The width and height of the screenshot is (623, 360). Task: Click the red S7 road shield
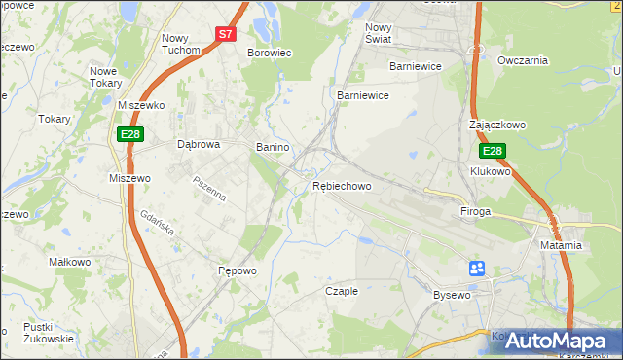tap(226, 33)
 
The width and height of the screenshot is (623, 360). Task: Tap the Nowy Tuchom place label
tap(180, 44)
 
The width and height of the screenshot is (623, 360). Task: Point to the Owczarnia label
tap(523, 60)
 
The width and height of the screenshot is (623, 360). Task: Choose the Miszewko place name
tap(141, 104)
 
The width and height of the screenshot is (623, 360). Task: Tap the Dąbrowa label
tap(199, 144)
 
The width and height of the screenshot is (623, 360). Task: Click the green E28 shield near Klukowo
tap(493, 151)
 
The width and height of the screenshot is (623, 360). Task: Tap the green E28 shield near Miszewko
tap(131, 134)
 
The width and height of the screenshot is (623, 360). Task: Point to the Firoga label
tap(476, 210)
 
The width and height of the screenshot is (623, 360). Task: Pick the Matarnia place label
tap(561, 245)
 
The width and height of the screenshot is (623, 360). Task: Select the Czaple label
tap(342, 291)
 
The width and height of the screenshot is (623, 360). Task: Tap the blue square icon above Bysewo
tap(477, 268)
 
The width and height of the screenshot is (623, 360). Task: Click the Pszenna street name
tap(209, 189)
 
